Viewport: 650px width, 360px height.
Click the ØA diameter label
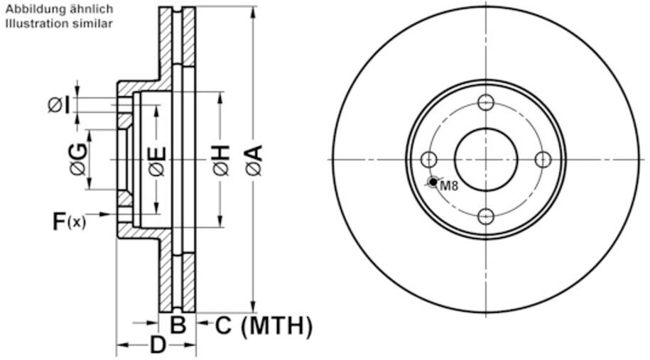[x=254, y=160]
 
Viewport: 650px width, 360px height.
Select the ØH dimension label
[x=222, y=160]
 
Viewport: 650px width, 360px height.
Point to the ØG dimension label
[x=78, y=159]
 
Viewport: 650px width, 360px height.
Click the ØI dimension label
[x=59, y=105]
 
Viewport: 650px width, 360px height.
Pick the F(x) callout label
[x=69, y=222]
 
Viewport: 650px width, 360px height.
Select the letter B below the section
[x=178, y=324]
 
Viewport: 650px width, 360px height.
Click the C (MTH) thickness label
[x=264, y=326]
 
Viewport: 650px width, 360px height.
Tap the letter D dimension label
[x=158, y=345]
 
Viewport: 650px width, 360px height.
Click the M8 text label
[x=449, y=185]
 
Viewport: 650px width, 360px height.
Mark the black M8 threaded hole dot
[x=433, y=182]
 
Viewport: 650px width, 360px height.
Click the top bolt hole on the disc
[x=486, y=102]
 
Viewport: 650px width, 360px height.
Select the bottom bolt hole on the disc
[x=486, y=217]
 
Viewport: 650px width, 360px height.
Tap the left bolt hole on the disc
[x=428, y=160]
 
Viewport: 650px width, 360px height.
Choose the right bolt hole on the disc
[x=543, y=160]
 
